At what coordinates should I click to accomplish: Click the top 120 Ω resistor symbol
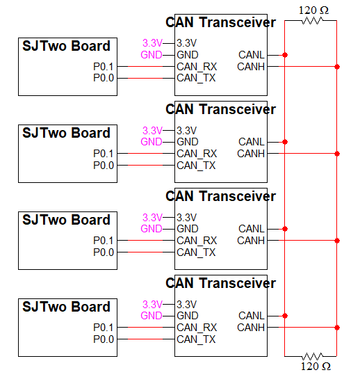coord(313,21)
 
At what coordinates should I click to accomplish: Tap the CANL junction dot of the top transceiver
coord(285,55)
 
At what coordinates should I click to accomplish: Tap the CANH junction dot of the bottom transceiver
coord(337,328)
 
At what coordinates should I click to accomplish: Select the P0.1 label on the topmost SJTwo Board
coord(104,67)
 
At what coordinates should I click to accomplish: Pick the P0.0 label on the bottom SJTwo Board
coord(104,339)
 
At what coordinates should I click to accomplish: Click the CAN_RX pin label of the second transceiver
coord(197,154)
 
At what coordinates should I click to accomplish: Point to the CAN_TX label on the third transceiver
coord(196,252)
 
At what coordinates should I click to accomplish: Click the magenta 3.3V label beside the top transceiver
coord(152,43)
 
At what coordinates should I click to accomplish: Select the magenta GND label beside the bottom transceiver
coord(152,316)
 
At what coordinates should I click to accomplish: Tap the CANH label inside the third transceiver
coord(251,241)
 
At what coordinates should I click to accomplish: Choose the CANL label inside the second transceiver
coord(252,142)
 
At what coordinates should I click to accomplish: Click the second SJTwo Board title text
coord(66,133)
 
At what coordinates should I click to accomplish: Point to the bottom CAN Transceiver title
coord(220,283)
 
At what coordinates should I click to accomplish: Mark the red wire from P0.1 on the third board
coord(145,240)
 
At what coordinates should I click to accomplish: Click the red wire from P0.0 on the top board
coord(145,78)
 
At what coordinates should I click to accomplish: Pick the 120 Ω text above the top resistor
coord(313,10)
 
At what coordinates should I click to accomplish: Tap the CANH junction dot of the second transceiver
coord(337,154)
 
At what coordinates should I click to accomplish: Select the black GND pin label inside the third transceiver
coord(188,229)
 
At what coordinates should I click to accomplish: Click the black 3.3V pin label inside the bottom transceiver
coord(187,305)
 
